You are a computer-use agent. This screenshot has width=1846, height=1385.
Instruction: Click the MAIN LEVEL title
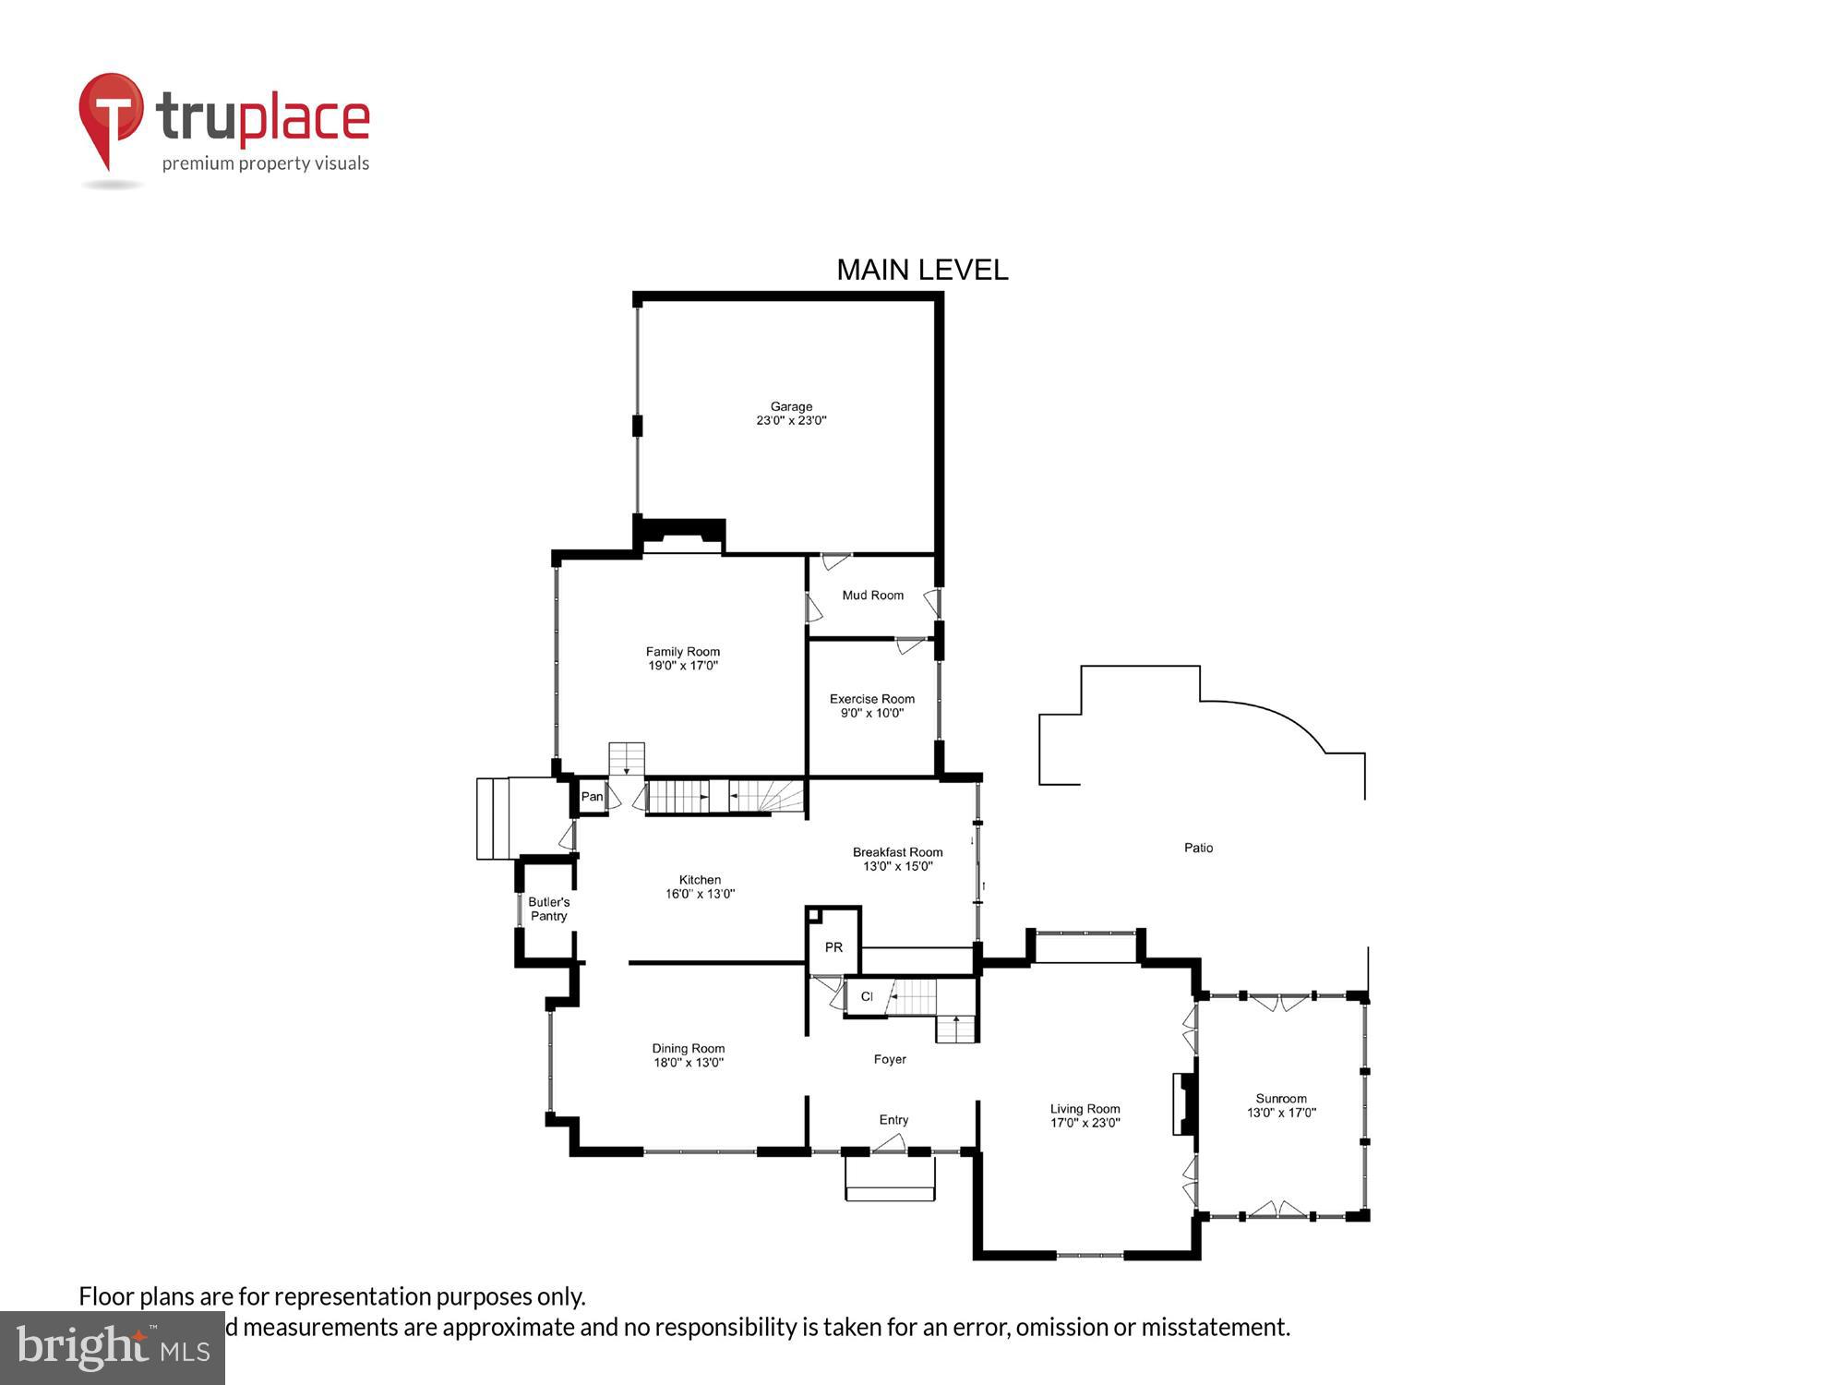coord(921,270)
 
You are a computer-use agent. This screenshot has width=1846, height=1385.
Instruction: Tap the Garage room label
coord(791,413)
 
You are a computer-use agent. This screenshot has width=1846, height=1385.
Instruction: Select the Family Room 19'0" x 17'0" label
coord(682,658)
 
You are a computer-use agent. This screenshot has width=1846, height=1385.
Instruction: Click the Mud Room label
coord(872,596)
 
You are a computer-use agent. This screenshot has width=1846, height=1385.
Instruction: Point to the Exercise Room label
coord(871,705)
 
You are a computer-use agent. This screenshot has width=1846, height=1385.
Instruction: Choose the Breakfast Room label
coord(897,859)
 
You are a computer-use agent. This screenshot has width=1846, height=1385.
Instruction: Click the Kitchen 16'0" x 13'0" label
coord(700,886)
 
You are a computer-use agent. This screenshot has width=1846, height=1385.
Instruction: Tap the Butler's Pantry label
coord(548,909)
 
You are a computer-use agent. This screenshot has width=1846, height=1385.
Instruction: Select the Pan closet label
coord(592,796)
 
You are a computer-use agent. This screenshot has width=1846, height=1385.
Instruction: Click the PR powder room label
coord(833,947)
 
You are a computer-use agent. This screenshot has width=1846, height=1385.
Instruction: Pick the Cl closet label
coord(866,996)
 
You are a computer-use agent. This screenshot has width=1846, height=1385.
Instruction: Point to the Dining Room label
coord(689,1054)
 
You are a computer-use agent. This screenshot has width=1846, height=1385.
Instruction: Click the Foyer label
coord(890,1059)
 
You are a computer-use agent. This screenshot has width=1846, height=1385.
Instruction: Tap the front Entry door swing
coord(890,1143)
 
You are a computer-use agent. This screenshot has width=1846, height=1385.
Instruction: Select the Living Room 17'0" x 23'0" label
coord(1085,1115)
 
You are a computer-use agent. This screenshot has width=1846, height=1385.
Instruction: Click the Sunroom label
coord(1281,1105)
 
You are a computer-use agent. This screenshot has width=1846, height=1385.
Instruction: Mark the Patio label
coord(1198,848)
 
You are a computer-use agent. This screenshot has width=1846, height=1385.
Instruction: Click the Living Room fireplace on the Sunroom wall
coord(1185,1102)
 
